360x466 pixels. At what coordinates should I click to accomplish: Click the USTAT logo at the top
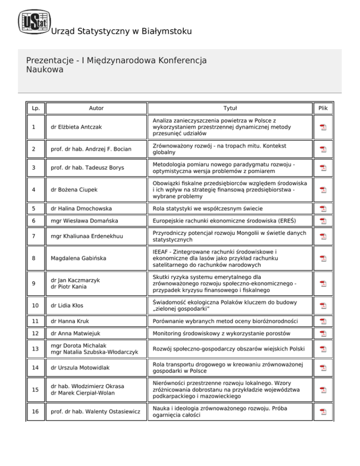(x=33, y=22)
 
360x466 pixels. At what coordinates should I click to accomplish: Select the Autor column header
(x=96, y=108)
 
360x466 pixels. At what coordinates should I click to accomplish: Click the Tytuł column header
(x=230, y=108)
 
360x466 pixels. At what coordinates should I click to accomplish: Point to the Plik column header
(x=323, y=108)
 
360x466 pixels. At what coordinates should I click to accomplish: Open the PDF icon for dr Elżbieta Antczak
(x=323, y=127)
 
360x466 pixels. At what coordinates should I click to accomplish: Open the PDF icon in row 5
(x=323, y=208)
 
